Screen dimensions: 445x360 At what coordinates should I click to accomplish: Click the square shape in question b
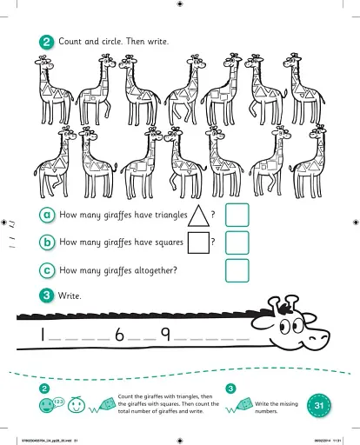click(198, 242)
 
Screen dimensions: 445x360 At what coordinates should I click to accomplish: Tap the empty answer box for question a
click(237, 215)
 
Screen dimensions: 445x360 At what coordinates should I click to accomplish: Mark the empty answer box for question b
click(237, 242)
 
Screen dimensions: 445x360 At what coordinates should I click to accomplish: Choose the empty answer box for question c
click(237, 270)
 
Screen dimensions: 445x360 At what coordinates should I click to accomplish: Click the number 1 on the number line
click(41, 336)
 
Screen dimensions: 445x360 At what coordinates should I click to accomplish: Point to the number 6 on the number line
click(120, 336)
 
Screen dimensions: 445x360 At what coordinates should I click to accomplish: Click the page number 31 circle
click(319, 405)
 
